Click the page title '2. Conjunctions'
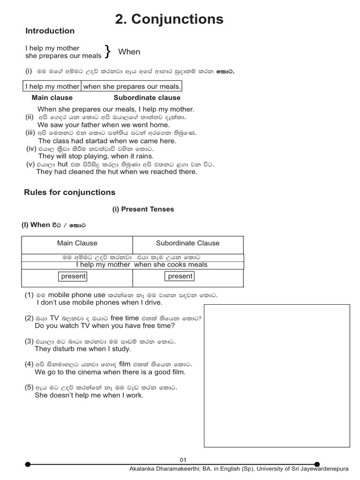tap(169, 19)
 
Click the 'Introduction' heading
tap(50, 31)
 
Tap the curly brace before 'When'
tap(108, 52)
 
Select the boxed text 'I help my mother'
tap(52, 86)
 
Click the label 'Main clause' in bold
tap(52, 97)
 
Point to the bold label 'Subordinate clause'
tap(147, 97)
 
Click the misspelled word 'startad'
tap(102, 141)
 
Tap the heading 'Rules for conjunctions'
tap(69, 192)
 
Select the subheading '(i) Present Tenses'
tap(143, 209)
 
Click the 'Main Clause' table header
tap(77, 243)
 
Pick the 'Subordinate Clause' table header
tap(187, 243)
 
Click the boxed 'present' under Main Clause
tap(73, 276)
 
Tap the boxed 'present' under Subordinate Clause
tap(180, 276)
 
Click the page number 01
tap(183, 460)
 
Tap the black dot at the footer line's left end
tap(28, 464)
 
